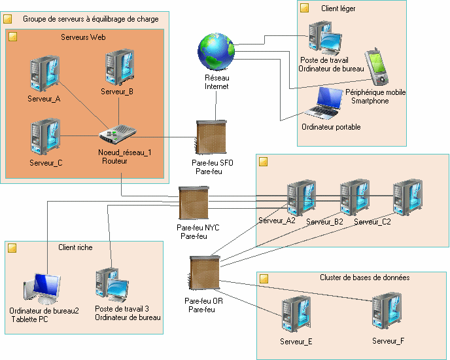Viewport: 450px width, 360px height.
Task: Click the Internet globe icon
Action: point(216,52)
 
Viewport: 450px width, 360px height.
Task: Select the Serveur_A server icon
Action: point(44,74)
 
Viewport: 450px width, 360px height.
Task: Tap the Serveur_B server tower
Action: point(120,67)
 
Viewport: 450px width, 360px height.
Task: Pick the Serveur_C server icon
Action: point(45,137)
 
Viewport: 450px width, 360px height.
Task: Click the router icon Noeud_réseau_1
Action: point(117,134)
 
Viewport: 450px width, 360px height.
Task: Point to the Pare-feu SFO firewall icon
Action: point(211,137)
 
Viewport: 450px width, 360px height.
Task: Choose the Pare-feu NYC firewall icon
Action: point(194,203)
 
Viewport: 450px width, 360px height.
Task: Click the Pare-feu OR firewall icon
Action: point(204,273)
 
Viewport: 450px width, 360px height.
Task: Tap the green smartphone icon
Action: point(377,66)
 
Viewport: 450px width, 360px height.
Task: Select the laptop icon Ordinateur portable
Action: point(324,103)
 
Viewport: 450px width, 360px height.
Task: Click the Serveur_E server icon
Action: point(296,314)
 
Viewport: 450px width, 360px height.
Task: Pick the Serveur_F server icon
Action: point(387,311)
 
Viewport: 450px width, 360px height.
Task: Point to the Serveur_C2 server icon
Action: point(408,198)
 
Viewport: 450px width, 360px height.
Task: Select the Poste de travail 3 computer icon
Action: point(113,285)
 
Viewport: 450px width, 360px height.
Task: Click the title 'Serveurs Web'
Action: point(83,37)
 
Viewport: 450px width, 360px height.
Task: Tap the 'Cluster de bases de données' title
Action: point(365,278)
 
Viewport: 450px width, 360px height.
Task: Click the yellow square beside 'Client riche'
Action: point(12,248)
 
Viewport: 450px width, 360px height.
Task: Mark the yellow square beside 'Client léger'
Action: point(305,8)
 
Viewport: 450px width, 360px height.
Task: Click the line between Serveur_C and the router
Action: point(80,136)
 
